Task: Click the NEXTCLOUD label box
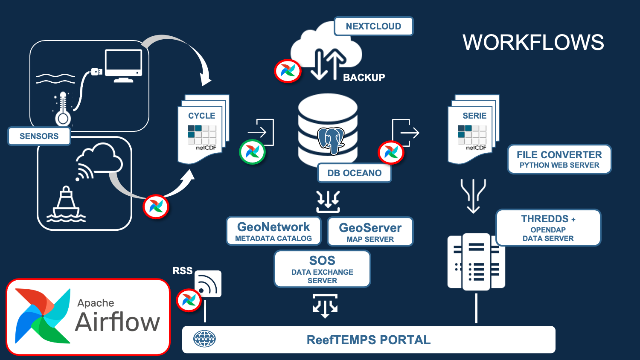pos(373,26)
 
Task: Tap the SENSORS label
pos(39,136)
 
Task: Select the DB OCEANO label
pos(354,173)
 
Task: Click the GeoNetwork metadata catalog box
pos(273,231)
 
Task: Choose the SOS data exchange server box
pos(322,269)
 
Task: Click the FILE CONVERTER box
pos(559,159)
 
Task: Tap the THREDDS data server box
pos(548,228)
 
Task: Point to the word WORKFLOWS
pos(533,42)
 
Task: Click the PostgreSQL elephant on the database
pos(331,140)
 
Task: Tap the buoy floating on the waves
pos(66,205)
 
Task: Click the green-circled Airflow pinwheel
pos(252,152)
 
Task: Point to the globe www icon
pos(204,339)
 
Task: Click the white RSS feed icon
pos(208,284)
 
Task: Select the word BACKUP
pos(364,78)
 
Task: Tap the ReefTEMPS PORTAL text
pos(369,340)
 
